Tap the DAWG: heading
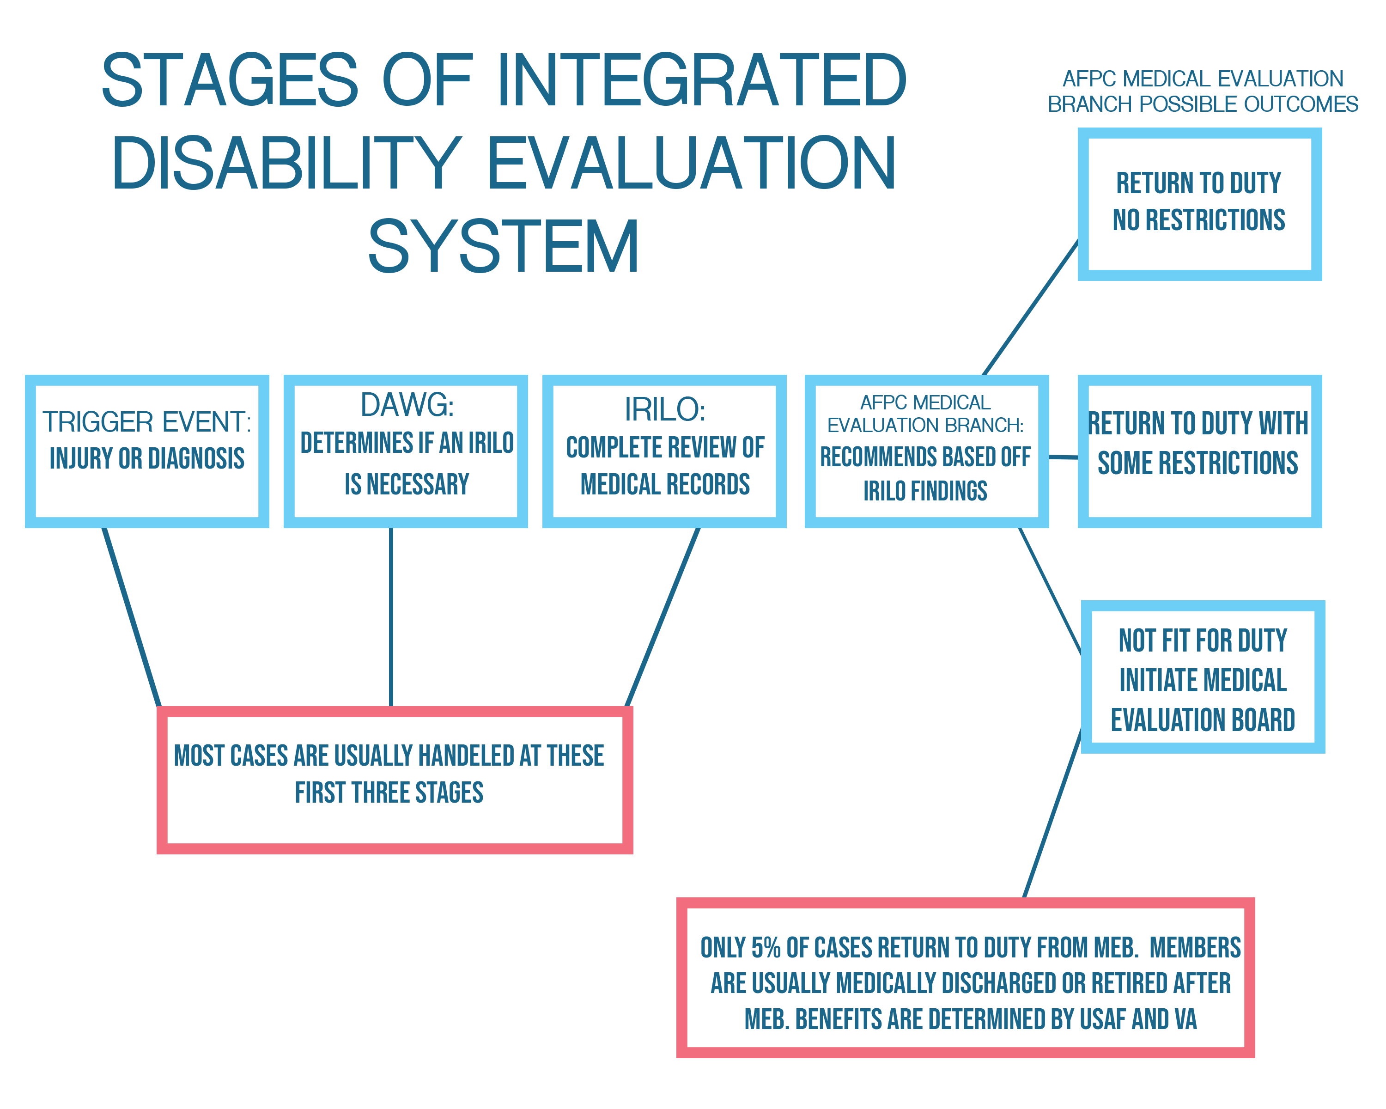407,405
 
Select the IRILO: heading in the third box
665,409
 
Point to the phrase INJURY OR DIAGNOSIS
147,458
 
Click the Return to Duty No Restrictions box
1199,203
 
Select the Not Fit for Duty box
1202,676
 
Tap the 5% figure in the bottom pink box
766,948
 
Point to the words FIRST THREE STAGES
389,792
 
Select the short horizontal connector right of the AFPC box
1063,457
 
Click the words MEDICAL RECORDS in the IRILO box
665,485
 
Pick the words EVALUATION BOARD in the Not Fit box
1202,720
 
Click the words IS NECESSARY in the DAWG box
407,485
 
